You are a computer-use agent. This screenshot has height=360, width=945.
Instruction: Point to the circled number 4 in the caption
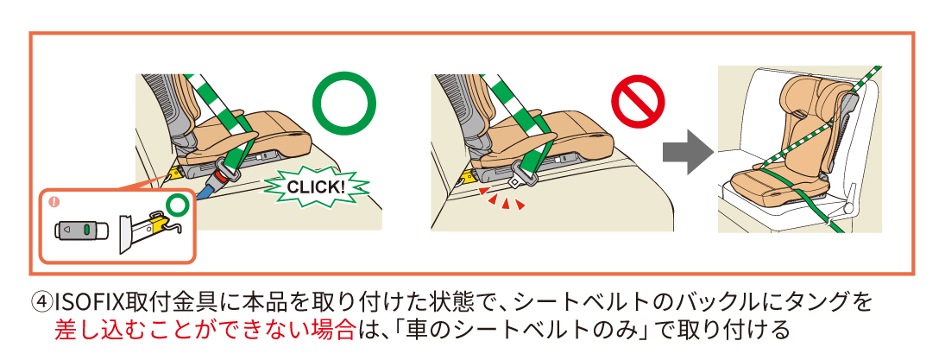pos(41,302)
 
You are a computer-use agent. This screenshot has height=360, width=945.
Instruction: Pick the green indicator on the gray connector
pos(88,230)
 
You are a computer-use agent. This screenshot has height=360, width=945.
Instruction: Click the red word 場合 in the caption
pos(332,331)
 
